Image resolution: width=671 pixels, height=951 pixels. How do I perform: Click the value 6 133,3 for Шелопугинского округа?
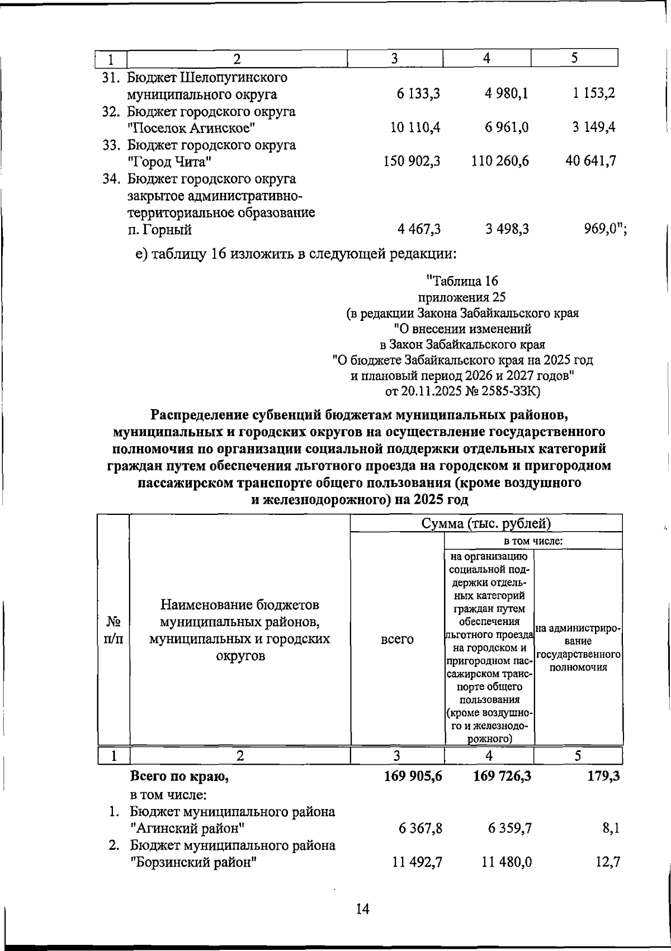point(419,94)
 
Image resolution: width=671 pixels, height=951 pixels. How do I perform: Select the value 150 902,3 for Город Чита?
point(412,162)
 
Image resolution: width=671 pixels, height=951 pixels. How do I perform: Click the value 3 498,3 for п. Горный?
point(508,229)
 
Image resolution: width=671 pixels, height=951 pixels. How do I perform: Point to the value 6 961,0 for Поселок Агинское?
point(508,128)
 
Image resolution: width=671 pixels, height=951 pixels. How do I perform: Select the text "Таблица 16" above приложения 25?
point(464,281)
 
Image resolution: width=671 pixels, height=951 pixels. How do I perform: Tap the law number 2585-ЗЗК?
point(508,391)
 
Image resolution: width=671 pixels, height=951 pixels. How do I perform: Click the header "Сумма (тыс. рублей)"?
point(486,523)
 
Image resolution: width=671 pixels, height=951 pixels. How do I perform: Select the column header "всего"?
point(397,639)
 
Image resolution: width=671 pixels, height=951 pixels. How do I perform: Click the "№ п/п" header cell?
point(114,630)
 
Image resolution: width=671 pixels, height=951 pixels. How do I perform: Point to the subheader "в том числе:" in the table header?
point(533,541)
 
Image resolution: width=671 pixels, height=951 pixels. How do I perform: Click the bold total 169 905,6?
point(413,776)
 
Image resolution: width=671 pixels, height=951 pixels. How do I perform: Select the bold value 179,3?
point(603,776)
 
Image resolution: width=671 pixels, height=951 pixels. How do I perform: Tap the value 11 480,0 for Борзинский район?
point(507,863)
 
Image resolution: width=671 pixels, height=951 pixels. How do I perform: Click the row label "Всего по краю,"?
point(179,776)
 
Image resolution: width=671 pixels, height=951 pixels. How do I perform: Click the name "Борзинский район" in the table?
point(193,863)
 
